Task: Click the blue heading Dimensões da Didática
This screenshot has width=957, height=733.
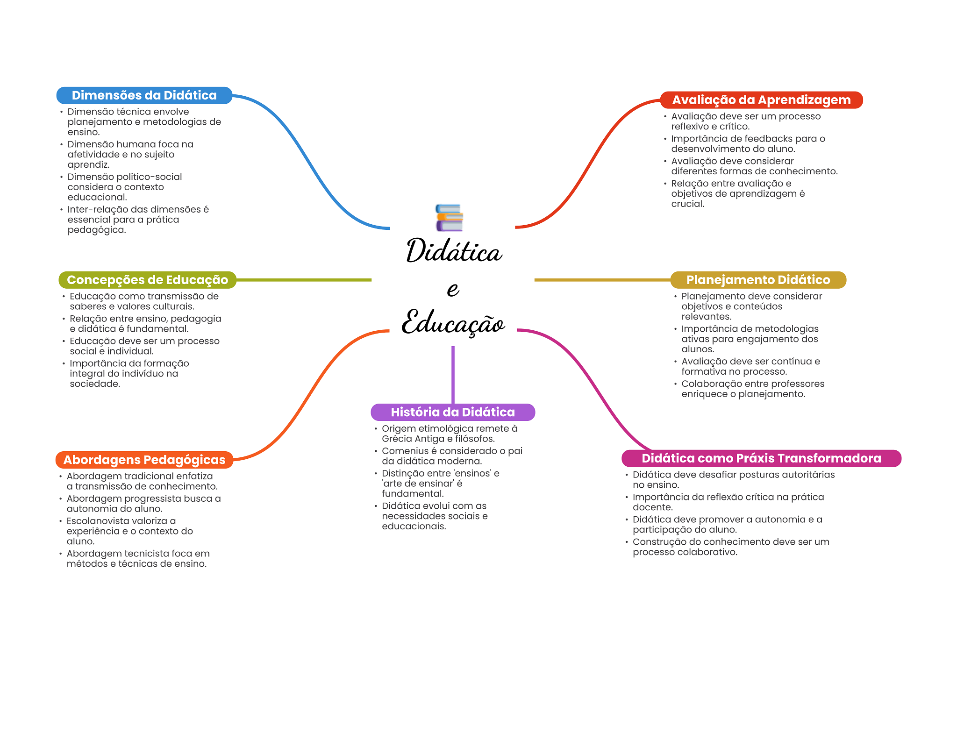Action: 144,95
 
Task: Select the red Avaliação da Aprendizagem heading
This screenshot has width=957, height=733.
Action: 761,100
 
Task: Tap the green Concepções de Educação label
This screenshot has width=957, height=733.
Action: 148,280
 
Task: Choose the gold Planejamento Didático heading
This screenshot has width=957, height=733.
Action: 758,280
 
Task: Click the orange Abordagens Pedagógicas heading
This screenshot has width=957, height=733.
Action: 144,460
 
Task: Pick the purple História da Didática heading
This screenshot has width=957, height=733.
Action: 453,412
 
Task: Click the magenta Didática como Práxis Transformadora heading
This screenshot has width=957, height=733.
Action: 762,458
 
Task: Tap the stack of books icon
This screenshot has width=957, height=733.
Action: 449,218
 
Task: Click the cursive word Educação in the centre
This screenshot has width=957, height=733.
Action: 453,322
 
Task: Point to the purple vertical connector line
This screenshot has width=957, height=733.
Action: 453,375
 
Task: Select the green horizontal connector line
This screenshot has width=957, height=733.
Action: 304,280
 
